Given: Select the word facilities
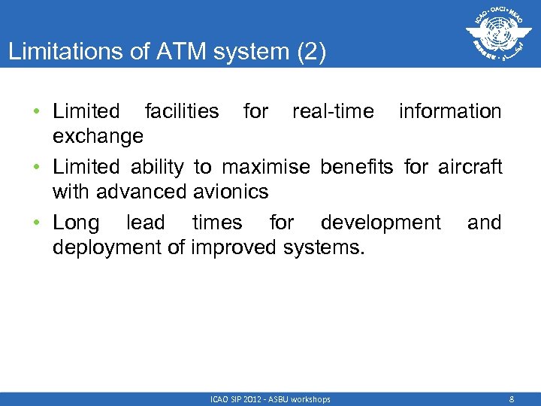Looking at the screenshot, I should [181, 111].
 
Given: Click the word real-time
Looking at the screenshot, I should [332, 111].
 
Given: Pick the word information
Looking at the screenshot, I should [449, 111].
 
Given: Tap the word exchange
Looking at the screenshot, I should [98, 136].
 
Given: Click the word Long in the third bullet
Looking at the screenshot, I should [76, 223].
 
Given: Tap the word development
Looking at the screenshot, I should [380, 223].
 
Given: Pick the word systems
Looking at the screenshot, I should [327, 247].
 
